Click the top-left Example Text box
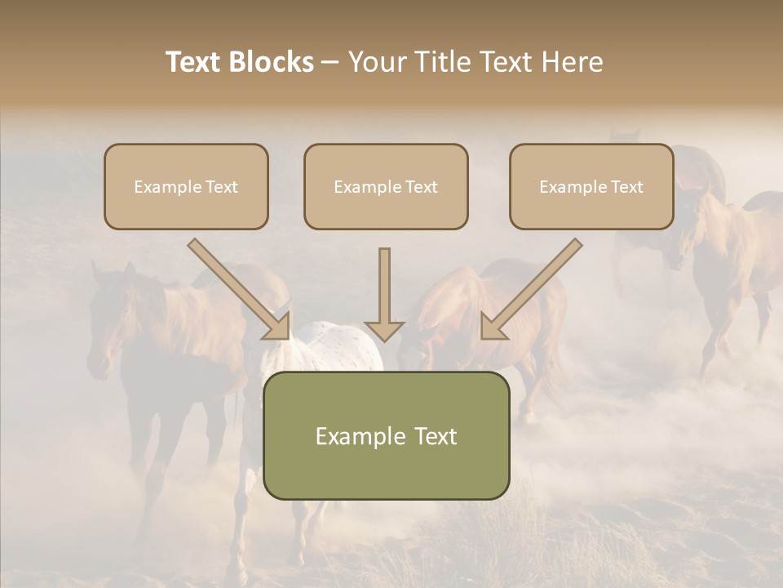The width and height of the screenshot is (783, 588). [x=186, y=187]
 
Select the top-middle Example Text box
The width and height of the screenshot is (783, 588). [x=386, y=187]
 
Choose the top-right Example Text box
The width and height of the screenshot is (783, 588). [x=591, y=187]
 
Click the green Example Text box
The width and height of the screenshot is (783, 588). [x=386, y=435]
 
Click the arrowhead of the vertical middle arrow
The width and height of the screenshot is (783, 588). [x=384, y=330]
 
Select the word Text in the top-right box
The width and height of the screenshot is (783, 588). [x=626, y=187]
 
